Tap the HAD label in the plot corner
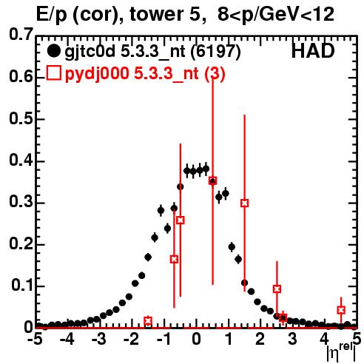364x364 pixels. [313, 51]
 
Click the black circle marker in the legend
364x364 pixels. [53, 51]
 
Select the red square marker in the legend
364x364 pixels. [53, 73]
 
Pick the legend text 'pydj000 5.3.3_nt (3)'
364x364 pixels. [145, 74]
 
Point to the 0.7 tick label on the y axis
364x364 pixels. [21, 34]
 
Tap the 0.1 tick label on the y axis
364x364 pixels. [22, 285]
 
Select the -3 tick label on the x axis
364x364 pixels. [99, 339]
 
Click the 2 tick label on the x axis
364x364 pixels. [260, 339]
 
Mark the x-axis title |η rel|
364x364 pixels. [342, 352]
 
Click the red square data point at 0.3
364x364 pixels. [244, 203]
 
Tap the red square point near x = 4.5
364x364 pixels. [341, 310]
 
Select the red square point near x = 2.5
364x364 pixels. [277, 289]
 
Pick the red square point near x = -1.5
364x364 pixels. [148, 320]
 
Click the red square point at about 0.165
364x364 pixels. [174, 259]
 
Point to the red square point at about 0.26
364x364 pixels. [181, 220]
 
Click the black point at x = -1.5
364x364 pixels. [148, 257]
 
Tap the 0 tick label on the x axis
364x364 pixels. [196, 339]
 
